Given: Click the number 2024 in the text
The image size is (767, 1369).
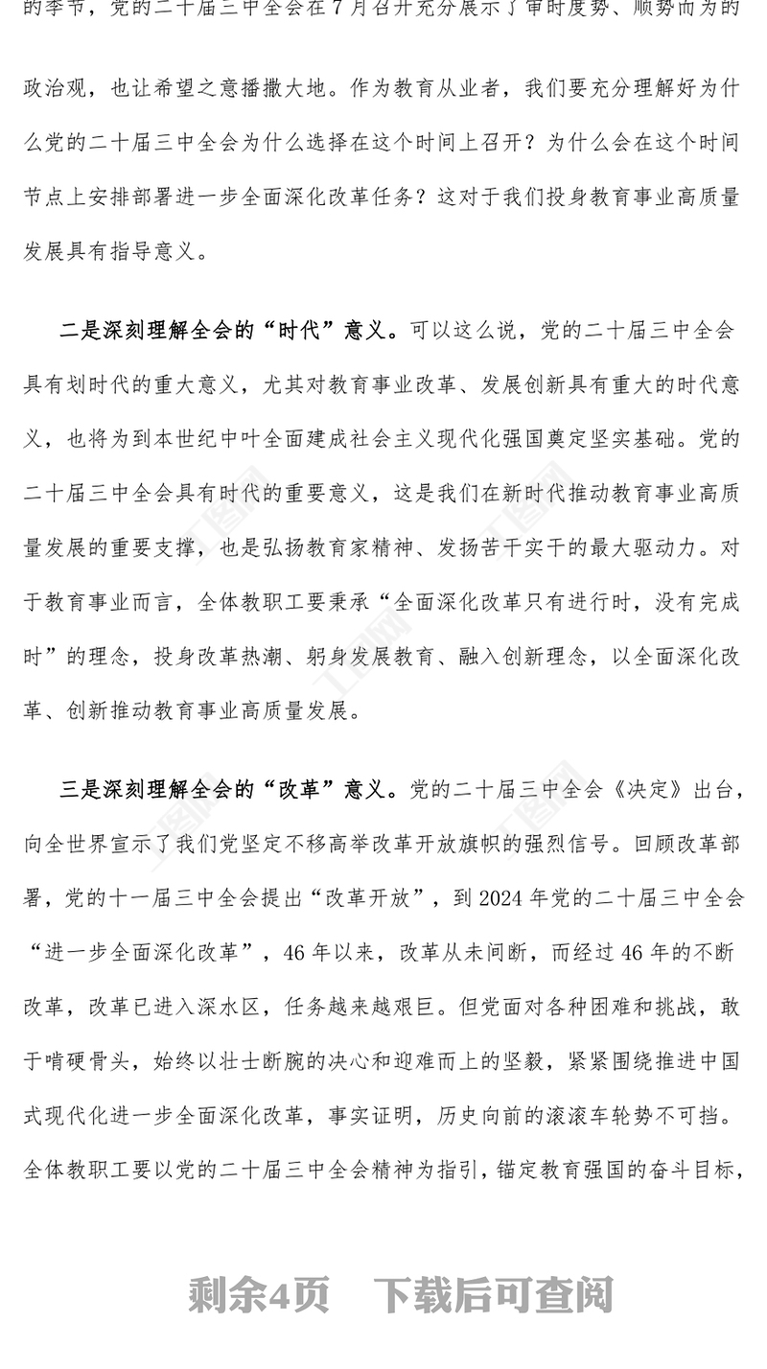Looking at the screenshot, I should [501, 898].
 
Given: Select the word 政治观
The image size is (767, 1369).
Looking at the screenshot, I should [56, 88].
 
